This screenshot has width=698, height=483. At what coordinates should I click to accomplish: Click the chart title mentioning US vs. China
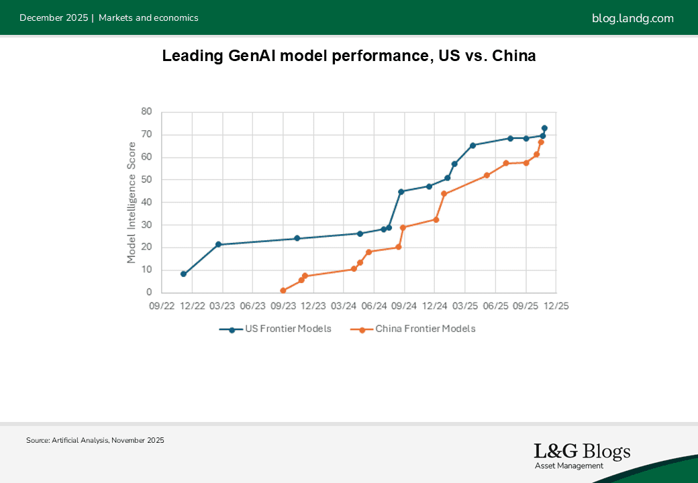[x=349, y=56]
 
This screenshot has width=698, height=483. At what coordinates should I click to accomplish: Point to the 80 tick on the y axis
[x=146, y=112]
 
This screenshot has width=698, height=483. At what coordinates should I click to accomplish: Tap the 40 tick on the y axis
[x=146, y=203]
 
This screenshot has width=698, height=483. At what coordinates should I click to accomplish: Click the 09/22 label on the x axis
[x=162, y=306]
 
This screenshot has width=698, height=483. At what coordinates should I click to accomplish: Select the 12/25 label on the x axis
[x=555, y=306]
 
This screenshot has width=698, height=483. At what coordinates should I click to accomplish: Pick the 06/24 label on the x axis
[x=374, y=306]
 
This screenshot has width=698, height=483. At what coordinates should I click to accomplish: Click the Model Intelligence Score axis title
[x=132, y=201]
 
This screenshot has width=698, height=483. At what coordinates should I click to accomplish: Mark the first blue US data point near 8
[x=183, y=274]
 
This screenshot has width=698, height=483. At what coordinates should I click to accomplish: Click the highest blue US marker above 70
[x=544, y=127]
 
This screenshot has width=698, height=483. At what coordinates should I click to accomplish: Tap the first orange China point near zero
[x=283, y=290]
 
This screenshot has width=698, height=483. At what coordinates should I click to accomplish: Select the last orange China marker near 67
[x=541, y=142]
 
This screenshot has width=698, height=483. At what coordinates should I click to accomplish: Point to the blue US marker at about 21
[x=218, y=244]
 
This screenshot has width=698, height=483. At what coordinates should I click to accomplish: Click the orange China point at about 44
[x=444, y=193]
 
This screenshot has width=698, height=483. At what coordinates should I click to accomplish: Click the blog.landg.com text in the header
[x=632, y=18]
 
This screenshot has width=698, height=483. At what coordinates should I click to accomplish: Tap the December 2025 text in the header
[x=54, y=18]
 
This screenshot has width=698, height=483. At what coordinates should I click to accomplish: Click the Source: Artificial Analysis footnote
[x=95, y=441]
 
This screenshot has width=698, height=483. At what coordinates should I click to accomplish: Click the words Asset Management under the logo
[x=568, y=466]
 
